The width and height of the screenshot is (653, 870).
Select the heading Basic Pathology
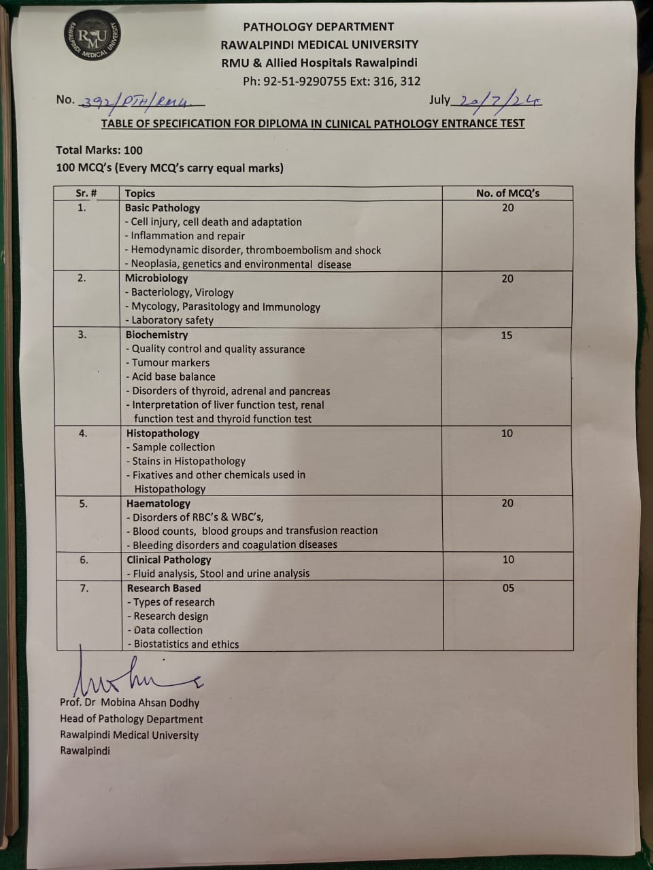(x=162, y=208)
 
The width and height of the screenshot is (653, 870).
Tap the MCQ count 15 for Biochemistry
(x=507, y=335)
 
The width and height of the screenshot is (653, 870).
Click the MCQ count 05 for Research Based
(x=508, y=588)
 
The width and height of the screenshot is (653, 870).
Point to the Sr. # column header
(x=86, y=193)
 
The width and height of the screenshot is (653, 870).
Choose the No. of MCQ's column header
(x=507, y=193)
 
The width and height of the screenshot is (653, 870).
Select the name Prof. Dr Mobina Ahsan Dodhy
(x=129, y=703)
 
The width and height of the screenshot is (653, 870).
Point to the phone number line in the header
(x=331, y=81)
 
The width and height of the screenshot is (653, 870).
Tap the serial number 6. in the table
(x=84, y=560)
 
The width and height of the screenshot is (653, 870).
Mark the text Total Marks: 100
(x=99, y=150)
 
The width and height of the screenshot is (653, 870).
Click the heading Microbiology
(x=156, y=278)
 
